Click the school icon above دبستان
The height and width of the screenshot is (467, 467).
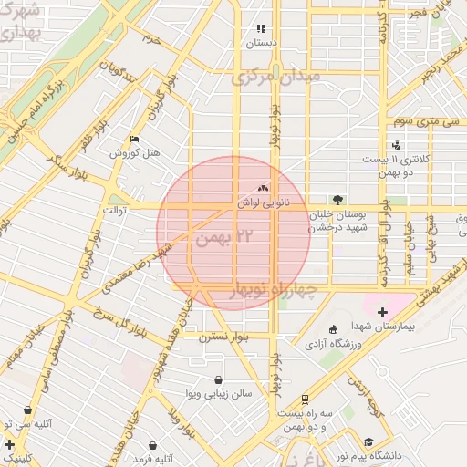click(x=262, y=28)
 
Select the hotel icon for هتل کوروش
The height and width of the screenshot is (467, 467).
click(x=135, y=140)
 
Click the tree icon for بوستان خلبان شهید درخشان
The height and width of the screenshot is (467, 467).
click(x=337, y=199)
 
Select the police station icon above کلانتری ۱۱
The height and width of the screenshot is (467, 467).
click(x=396, y=145)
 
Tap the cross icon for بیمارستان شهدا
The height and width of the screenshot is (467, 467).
click(x=381, y=313)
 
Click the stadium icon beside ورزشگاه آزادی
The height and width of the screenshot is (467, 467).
click(x=332, y=329)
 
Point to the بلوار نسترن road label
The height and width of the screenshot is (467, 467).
click(x=224, y=337)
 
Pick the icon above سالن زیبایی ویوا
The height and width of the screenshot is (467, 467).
click(x=219, y=379)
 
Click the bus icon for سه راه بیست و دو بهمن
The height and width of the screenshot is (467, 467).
click(x=304, y=399)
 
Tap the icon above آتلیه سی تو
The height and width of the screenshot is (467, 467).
click(x=27, y=410)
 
